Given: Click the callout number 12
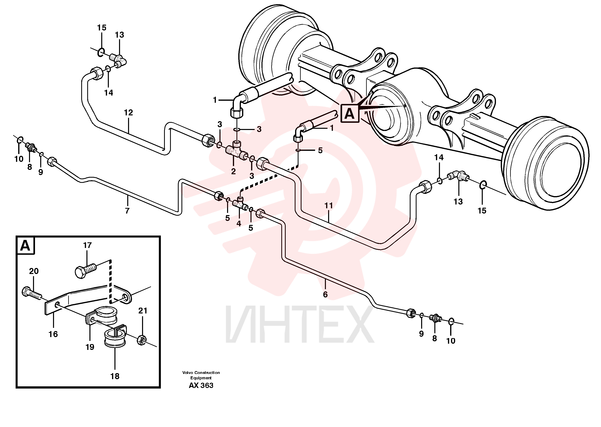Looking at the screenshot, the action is (x=128, y=113).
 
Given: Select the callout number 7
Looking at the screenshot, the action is (x=127, y=211).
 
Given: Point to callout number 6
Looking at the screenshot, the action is (x=325, y=294).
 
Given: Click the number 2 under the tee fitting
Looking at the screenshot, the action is (x=233, y=171).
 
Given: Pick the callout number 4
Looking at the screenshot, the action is (x=238, y=224).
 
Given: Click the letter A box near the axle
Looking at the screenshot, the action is (x=350, y=114).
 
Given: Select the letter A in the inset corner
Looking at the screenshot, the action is (x=25, y=246).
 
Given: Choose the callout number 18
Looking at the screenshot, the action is (x=115, y=376).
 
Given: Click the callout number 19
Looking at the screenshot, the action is (x=90, y=347).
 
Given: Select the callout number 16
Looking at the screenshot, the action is (x=53, y=334).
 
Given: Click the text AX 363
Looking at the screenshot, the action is (x=201, y=386).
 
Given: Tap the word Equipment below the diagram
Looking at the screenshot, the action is (x=201, y=378).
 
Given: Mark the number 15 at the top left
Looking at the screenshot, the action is (x=102, y=28).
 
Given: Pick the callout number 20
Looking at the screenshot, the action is (x=34, y=271).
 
